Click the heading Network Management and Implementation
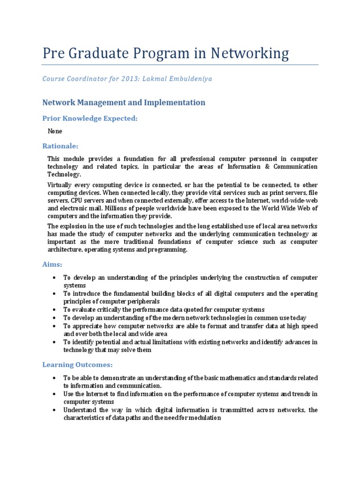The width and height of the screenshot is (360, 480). (x=124, y=102)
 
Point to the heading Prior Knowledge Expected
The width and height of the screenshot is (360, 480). (x=90, y=119)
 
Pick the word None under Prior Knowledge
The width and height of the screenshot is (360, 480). (x=55, y=131)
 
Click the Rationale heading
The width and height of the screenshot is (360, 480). (x=60, y=146)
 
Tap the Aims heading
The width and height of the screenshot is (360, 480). (x=52, y=264)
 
